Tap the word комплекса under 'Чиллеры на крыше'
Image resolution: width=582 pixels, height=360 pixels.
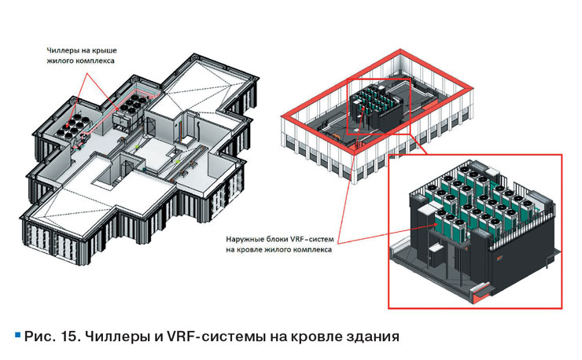click(95, 61)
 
